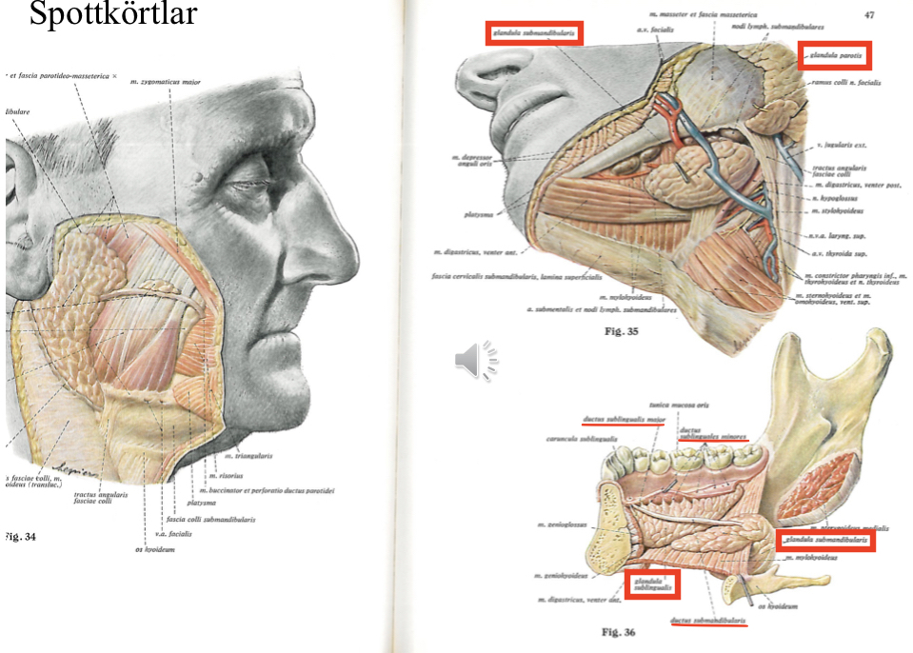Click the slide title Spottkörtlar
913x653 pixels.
[112, 16]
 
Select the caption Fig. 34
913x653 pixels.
[21, 537]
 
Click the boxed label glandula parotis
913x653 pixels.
[834, 56]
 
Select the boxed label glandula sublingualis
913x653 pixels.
[654, 584]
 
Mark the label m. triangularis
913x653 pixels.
[248, 456]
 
